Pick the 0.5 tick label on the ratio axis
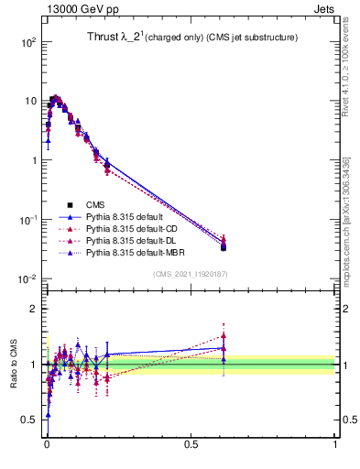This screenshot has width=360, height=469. (x=29, y=420)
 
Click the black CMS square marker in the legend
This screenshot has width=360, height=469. (x=69, y=204)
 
